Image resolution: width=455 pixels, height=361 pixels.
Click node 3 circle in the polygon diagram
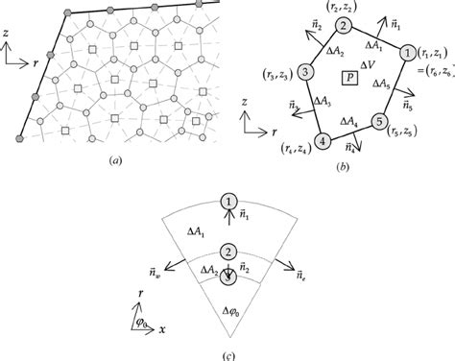coord(304,72)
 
